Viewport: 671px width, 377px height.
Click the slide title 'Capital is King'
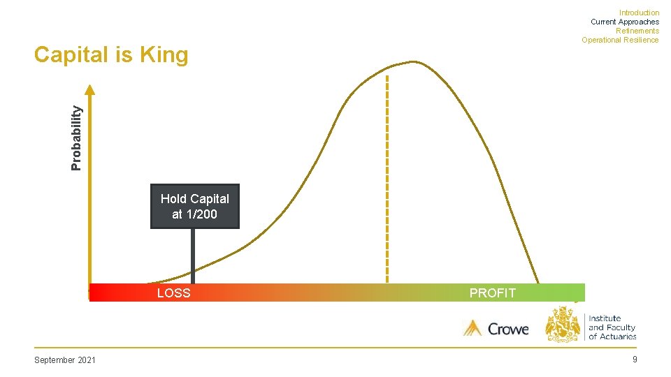click(x=111, y=54)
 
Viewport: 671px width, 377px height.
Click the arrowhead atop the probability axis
click(x=89, y=89)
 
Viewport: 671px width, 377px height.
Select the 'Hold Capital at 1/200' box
click(x=195, y=207)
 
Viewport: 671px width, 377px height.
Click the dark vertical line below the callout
click(x=193, y=256)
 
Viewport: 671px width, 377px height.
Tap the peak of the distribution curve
click(x=412, y=62)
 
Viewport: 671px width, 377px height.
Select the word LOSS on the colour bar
click(x=173, y=293)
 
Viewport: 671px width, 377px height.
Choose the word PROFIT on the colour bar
click(x=492, y=293)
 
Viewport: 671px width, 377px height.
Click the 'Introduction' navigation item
click(x=639, y=13)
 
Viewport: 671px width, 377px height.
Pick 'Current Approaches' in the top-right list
click(x=624, y=22)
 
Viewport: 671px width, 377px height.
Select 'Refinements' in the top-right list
click(x=637, y=31)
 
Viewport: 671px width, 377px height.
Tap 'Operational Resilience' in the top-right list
click(x=619, y=40)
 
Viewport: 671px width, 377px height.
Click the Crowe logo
click(x=496, y=327)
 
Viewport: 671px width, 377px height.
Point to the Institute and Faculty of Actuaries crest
click(x=563, y=325)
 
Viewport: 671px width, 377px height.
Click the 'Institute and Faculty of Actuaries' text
click(x=612, y=327)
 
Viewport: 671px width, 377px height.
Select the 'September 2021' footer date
click(x=65, y=360)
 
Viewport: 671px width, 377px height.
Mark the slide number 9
click(x=634, y=360)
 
